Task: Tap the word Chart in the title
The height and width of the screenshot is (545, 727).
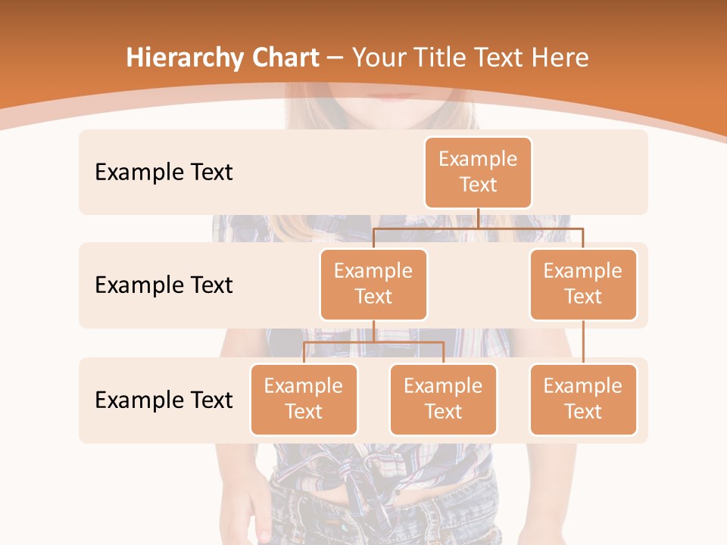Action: tap(282, 58)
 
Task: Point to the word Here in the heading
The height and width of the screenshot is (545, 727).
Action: tap(561, 58)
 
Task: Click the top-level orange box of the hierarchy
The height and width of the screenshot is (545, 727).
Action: tap(478, 172)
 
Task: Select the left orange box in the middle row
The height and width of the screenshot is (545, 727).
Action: tap(373, 284)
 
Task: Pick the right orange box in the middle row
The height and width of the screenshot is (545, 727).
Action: tap(583, 284)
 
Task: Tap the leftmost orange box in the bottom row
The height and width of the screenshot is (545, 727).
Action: tap(304, 399)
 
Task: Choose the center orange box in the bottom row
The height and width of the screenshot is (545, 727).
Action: tap(443, 399)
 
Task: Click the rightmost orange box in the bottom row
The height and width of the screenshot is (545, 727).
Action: tap(583, 399)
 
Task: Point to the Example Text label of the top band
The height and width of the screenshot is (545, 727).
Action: tap(164, 172)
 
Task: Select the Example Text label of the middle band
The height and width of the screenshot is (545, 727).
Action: tap(164, 285)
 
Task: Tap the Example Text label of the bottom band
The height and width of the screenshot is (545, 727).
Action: tap(164, 400)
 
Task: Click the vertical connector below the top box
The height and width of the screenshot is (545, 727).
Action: tap(478, 218)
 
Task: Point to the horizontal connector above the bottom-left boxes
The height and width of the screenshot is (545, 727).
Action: tap(373, 342)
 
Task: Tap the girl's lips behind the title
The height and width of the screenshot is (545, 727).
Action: tap(391, 96)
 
